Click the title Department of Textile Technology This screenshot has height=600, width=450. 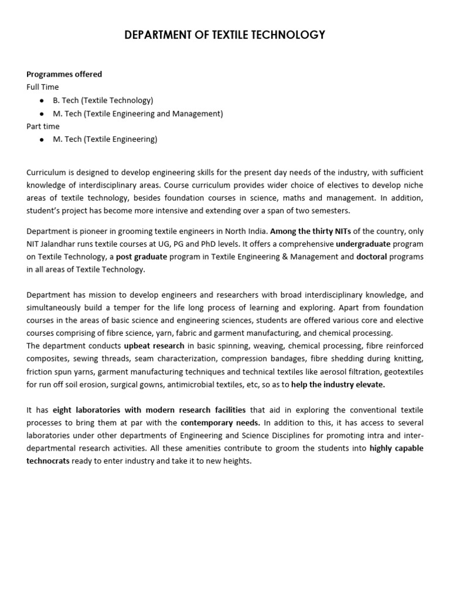(225, 36)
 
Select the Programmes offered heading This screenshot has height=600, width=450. (64, 74)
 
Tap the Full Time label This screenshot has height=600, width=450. (43, 87)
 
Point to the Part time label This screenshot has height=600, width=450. (43, 126)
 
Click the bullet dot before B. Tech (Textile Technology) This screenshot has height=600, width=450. (42, 101)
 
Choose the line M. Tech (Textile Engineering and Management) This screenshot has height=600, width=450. (138, 114)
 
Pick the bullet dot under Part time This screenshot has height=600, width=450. (42, 139)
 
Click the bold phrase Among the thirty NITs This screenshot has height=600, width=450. (310, 231)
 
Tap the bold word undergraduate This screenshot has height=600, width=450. (363, 244)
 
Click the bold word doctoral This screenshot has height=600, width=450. (371, 257)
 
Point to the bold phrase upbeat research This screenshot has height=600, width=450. (154, 346)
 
